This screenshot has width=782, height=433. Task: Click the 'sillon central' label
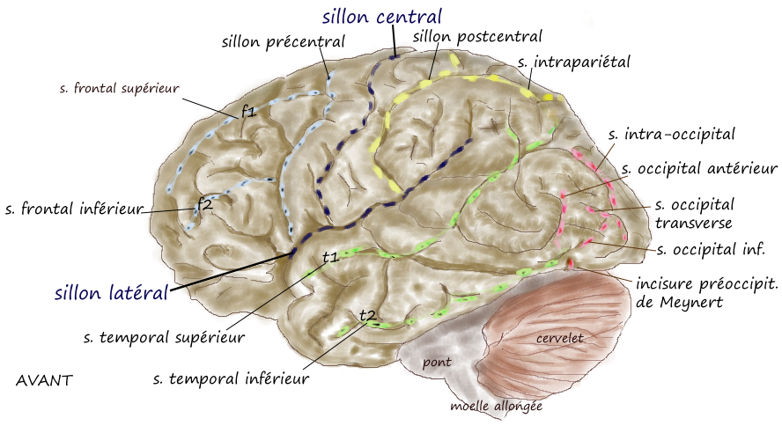(381, 16)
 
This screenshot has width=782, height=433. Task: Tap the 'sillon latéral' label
(110, 291)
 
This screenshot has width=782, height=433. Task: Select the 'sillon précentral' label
(283, 41)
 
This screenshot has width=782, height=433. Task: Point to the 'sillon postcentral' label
(477, 36)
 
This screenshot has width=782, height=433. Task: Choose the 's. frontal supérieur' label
(120, 88)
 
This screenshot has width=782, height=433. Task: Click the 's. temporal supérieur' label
(164, 336)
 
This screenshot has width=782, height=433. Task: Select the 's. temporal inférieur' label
(231, 379)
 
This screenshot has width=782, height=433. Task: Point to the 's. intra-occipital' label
(672, 135)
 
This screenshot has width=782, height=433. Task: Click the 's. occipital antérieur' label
(699, 168)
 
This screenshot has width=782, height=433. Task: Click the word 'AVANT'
(44, 381)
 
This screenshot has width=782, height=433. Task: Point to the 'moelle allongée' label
(496, 407)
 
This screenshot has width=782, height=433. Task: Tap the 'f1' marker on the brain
(248, 112)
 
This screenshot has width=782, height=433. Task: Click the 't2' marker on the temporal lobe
(368, 315)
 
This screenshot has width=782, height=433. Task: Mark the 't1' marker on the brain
(330, 257)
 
